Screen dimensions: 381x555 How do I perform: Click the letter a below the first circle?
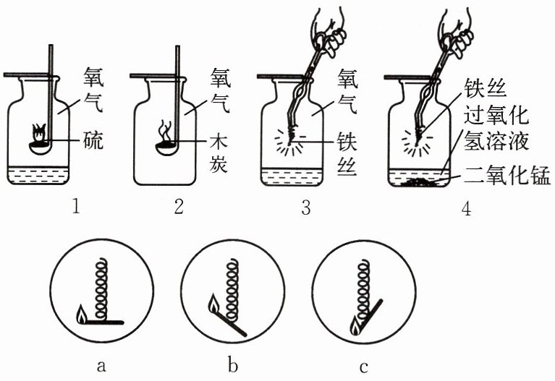click(x=101, y=365)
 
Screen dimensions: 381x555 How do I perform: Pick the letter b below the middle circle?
click(x=232, y=365)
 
